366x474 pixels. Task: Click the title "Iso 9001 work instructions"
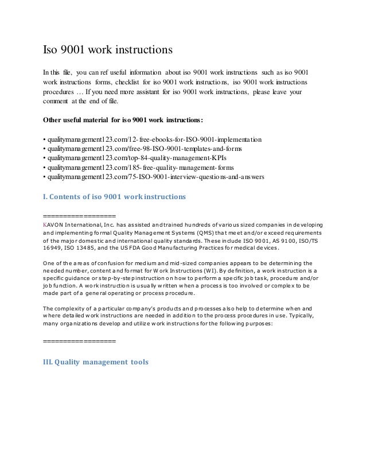pos(108,50)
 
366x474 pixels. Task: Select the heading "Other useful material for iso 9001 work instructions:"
pos(127,121)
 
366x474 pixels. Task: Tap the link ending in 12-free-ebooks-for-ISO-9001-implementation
pos(154,139)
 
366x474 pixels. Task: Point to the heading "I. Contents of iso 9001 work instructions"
pos(115,196)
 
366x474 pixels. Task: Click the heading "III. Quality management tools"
pos(96,362)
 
